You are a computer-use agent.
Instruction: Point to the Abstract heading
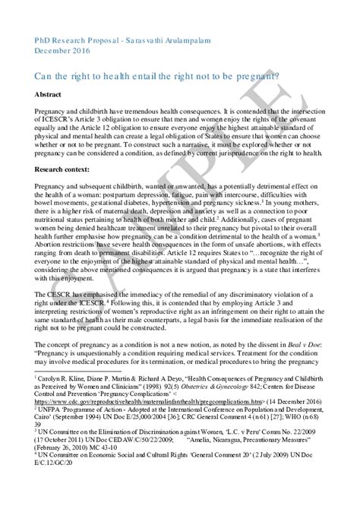click(x=49, y=95)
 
